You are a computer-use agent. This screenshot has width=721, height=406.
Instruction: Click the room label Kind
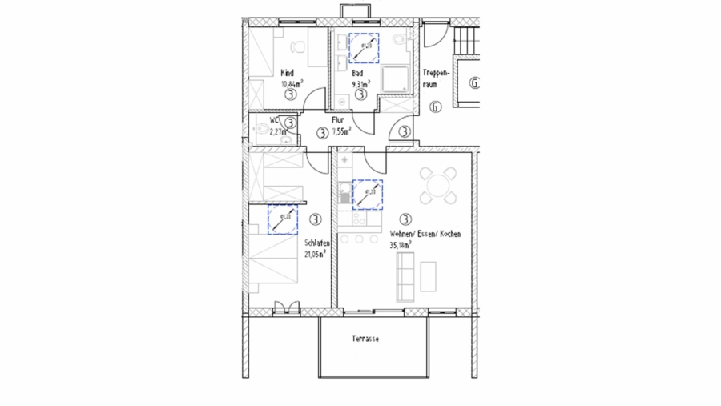287,73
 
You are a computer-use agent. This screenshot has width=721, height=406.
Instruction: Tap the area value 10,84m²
291,83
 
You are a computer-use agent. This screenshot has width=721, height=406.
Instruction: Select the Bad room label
357,73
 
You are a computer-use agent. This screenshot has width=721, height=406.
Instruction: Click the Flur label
338,120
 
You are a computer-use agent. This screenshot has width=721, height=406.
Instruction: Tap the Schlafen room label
317,244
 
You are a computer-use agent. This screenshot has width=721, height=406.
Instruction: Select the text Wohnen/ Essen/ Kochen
425,235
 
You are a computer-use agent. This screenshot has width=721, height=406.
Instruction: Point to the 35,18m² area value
401,246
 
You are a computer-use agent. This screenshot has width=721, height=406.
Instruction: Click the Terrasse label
365,339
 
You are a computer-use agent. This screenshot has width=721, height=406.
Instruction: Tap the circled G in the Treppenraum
436,107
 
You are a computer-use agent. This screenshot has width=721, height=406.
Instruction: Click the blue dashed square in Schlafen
282,219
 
